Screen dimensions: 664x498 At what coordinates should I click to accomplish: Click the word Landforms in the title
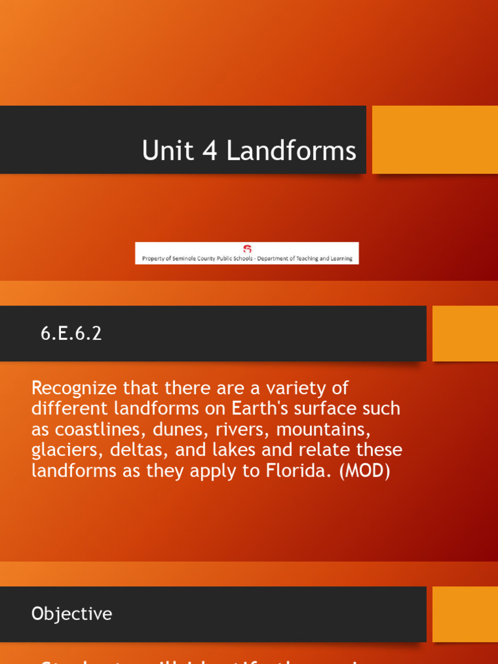pos(291,151)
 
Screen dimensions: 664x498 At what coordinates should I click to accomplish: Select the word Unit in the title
pos(167,151)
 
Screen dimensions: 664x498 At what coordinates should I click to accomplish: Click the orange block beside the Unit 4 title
pos(434,139)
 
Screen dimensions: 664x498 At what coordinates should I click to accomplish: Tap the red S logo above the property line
pos(246,249)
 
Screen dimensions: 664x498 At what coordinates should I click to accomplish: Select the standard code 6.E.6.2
pos(71,333)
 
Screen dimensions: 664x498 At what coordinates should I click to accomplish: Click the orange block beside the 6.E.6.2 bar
pos(465,333)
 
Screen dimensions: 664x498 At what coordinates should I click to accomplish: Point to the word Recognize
pos(74,388)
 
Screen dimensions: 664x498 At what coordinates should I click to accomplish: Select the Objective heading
pos(71,614)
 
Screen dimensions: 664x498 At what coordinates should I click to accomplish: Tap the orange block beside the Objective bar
pos(465,614)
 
